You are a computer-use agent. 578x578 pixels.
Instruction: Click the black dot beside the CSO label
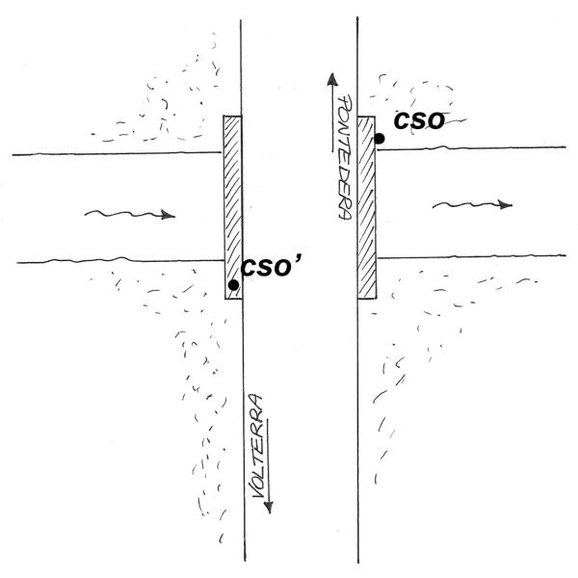point(379,139)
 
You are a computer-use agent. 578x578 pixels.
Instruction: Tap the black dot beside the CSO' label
point(233,285)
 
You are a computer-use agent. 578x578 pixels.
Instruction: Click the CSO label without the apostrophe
point(419,121)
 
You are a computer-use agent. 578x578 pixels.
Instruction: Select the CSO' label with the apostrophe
point(271,267)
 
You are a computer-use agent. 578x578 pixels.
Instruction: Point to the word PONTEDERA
point(345,157)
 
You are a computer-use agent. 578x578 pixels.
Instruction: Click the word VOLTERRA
point(257,446)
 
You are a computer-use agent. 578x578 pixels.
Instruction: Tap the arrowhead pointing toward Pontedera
point(332,79)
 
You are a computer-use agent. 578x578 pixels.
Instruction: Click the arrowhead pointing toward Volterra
point(269,507)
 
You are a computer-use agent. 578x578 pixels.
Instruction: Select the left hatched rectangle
point(233,207)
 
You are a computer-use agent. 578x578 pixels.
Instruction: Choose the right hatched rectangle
point(367,207)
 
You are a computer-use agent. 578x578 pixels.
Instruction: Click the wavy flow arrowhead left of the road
point(169,215)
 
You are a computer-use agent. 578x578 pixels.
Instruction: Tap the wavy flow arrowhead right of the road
point(506,204)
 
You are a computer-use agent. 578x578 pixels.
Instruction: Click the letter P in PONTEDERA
point(345,102)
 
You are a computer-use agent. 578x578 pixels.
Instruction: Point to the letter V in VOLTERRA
point(258,491)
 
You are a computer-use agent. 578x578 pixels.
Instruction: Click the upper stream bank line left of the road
point(118,153)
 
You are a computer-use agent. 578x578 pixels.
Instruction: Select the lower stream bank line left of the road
point(120,260)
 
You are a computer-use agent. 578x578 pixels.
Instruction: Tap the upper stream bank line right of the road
point(471,148)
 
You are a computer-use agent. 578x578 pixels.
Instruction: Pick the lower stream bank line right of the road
point(471,256)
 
